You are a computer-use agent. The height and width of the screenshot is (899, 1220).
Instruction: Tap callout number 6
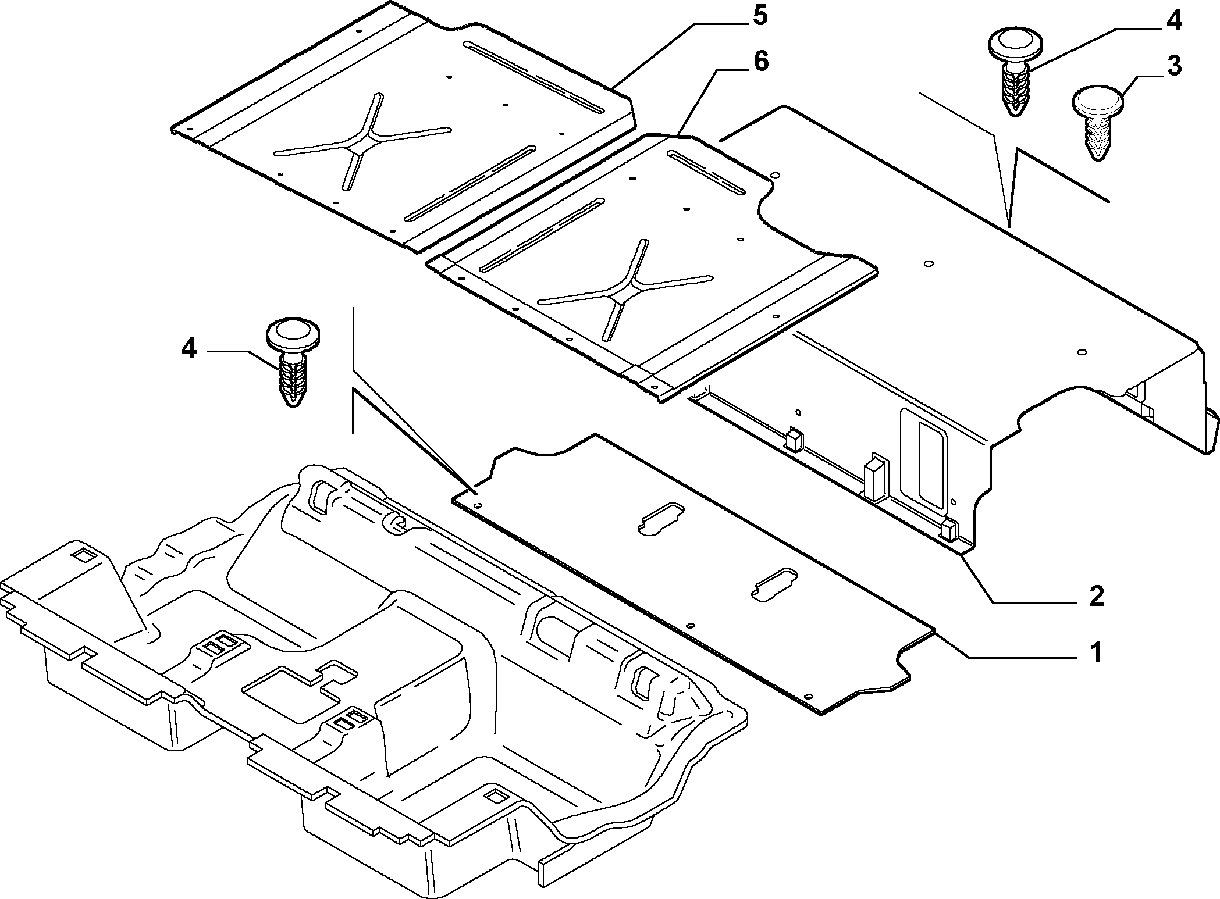(x=760, y=62)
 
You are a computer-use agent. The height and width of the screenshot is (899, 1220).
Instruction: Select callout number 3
(x=1174, y=67)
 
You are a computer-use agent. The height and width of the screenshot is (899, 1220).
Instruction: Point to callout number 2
(x=1096, y=597)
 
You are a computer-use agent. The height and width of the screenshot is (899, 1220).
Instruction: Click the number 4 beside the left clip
(x=189, y=349)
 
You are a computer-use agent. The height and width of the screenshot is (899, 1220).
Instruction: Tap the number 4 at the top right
(x=1173, y=20)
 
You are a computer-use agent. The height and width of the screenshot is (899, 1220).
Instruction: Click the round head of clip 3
(x=1097, y=102)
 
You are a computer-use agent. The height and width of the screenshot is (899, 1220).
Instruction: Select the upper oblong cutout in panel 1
(x=661, y=517)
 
